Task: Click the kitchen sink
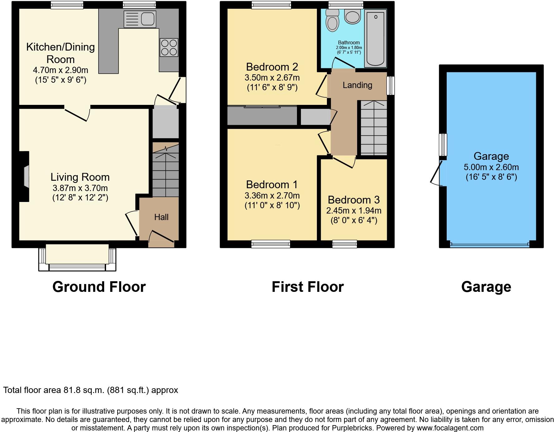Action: (x=140, y=19)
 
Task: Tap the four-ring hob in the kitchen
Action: (x=169, y=47)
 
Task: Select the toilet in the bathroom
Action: (x=332, y=20)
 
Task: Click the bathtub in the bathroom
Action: (x=376, y=38)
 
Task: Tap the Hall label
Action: (x=161, y=217)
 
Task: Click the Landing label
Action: (x=357, y=85)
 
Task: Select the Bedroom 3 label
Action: (x=354, y=200)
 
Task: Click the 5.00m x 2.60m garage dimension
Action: (x=491, y=167)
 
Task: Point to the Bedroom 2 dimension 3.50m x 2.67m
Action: (x=272, y=77)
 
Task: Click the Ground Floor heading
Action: (x=99, y=287)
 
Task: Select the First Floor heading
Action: (x=308, y=287)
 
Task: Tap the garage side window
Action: (x=443, y=145)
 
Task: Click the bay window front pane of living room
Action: (x=77, y=268)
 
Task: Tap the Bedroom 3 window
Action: (x=344, y=244)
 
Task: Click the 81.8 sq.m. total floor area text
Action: (x=90, y=390)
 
